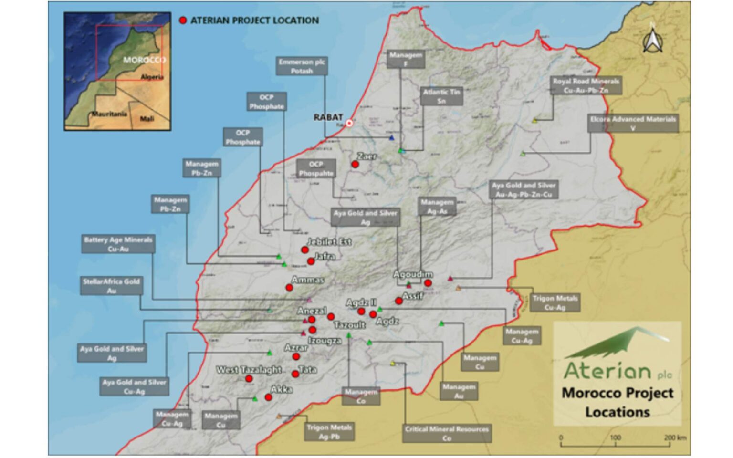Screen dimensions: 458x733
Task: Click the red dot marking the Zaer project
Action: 355,164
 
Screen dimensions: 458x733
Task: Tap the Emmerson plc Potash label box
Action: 302,66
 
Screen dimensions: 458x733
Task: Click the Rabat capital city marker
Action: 349,123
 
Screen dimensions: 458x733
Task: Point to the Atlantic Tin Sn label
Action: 441,96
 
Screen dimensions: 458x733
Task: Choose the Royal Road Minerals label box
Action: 586,85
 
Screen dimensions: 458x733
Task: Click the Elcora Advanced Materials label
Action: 633,123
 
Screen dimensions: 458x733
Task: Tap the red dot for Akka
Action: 269,397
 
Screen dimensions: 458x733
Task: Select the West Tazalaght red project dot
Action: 249,379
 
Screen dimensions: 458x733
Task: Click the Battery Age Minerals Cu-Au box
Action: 118,244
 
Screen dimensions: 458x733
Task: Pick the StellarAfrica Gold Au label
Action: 111,286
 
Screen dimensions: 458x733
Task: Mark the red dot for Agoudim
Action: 428,283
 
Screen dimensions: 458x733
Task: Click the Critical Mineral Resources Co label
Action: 447,433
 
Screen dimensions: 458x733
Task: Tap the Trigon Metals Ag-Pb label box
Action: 329,432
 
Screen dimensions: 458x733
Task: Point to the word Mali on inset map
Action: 147,118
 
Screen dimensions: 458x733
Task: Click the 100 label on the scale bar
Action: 615,437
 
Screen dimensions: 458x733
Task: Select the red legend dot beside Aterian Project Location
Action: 183,20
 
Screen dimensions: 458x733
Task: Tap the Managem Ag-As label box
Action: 437,206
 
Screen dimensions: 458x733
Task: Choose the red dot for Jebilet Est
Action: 304,250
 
